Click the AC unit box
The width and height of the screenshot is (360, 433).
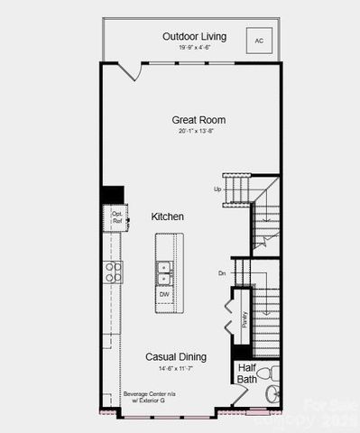[259, 41]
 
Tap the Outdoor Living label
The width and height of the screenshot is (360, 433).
[194, 36]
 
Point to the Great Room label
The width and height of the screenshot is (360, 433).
[198, 119]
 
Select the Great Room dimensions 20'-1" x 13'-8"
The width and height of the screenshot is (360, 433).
[198, 131]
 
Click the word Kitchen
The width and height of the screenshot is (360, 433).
[167, 217]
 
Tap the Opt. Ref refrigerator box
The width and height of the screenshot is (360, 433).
[116, 217]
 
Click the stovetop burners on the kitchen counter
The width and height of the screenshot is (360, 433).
[114, 272]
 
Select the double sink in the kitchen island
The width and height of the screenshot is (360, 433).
[164, 268]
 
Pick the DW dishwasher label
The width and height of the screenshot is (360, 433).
[164, 294]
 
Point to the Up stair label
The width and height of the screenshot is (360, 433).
[217, 189]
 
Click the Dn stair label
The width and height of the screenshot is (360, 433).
[222, 272]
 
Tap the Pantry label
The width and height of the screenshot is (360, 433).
[245, 321]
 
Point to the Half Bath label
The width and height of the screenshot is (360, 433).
[246, 373]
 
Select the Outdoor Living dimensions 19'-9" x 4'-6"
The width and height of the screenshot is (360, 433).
[194, 47]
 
